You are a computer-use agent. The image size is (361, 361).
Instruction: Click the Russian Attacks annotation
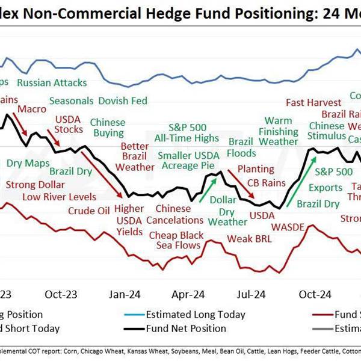pyautogui.click(x=52, y=82)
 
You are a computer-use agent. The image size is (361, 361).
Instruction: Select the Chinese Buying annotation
pyautogui.click(x=108, y=128)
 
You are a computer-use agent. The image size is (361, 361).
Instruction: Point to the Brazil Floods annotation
pyautogui.click(x=241, y=147)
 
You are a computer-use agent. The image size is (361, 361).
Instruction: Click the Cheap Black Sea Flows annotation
pyautogui.click(x=176, y=240)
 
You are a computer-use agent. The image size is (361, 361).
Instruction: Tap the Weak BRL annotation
pyautogui.click(x=249, y=239)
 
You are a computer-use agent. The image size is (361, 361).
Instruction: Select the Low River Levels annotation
pyautogui.click(x=60, y=197)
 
